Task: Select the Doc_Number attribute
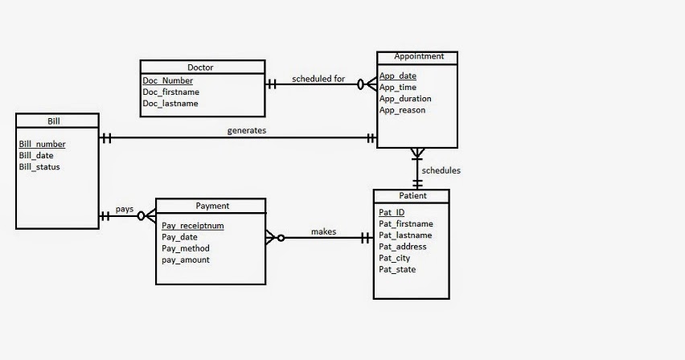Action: (x=168, y=81)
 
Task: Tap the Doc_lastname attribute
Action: (x=170, y=104)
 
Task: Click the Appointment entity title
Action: (x=417, y=56)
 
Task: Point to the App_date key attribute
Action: (x=398, y=76)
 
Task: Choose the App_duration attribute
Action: (x=405, y=99)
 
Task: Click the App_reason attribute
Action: (x=402, y=110)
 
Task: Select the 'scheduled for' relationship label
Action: (x=318, y=79)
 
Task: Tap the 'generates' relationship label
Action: (x=246, y=129)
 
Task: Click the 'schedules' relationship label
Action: (x=441, y=170)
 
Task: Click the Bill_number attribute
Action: (x=43, y=145)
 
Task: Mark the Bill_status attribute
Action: (x=39, y=167)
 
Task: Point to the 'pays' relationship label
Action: (x=125, y=209)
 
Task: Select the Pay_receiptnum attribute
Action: (x=193, y=227)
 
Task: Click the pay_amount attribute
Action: (x=186, y=260)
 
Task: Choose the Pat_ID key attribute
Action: (x=392, y=213)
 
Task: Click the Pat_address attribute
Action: (x=403, y=247)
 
